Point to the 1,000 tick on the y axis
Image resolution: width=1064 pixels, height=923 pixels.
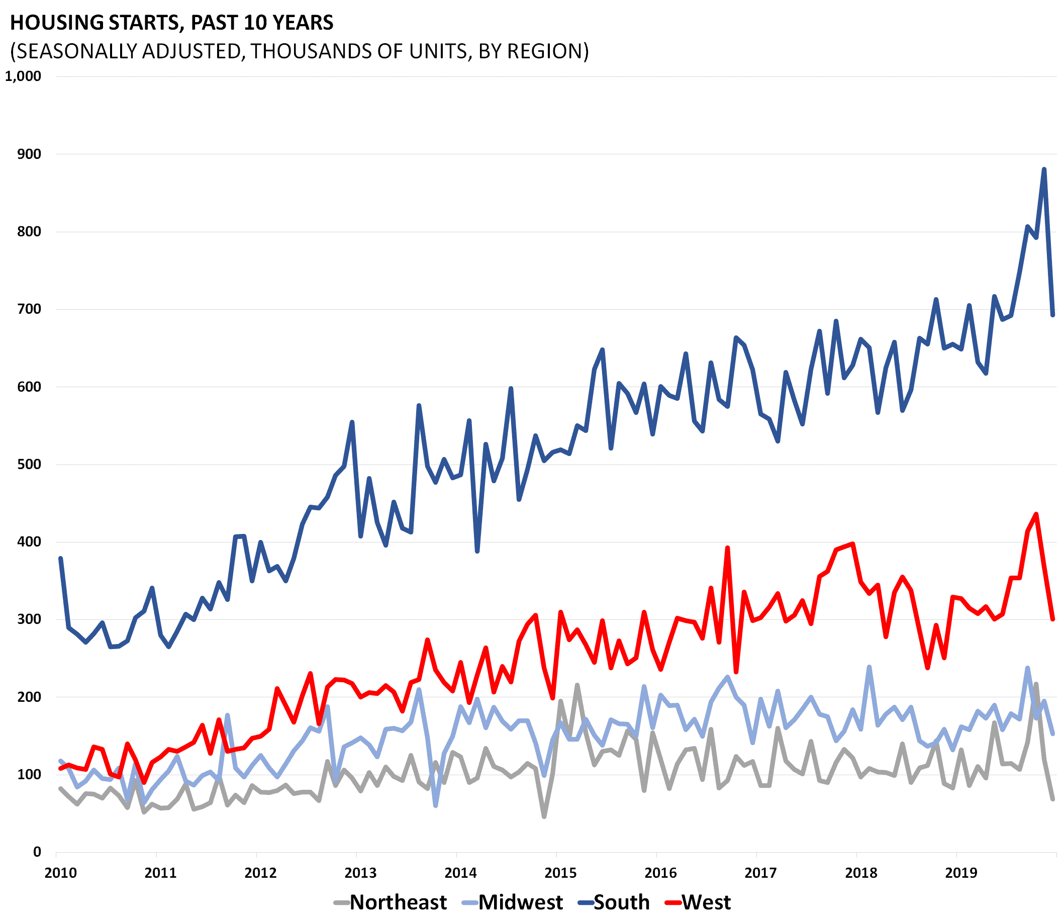23,76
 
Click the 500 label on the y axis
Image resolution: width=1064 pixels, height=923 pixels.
30,464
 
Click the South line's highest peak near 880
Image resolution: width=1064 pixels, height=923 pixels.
1044,169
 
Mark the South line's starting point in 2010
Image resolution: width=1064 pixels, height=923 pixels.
61,559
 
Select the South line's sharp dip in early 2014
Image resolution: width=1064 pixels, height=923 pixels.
477,551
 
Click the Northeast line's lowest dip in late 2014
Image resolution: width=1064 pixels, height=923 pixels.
544,816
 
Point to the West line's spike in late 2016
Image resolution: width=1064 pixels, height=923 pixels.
727,547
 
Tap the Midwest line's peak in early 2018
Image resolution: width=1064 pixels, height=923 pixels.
869,667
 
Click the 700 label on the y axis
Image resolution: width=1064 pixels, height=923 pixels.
30,309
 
